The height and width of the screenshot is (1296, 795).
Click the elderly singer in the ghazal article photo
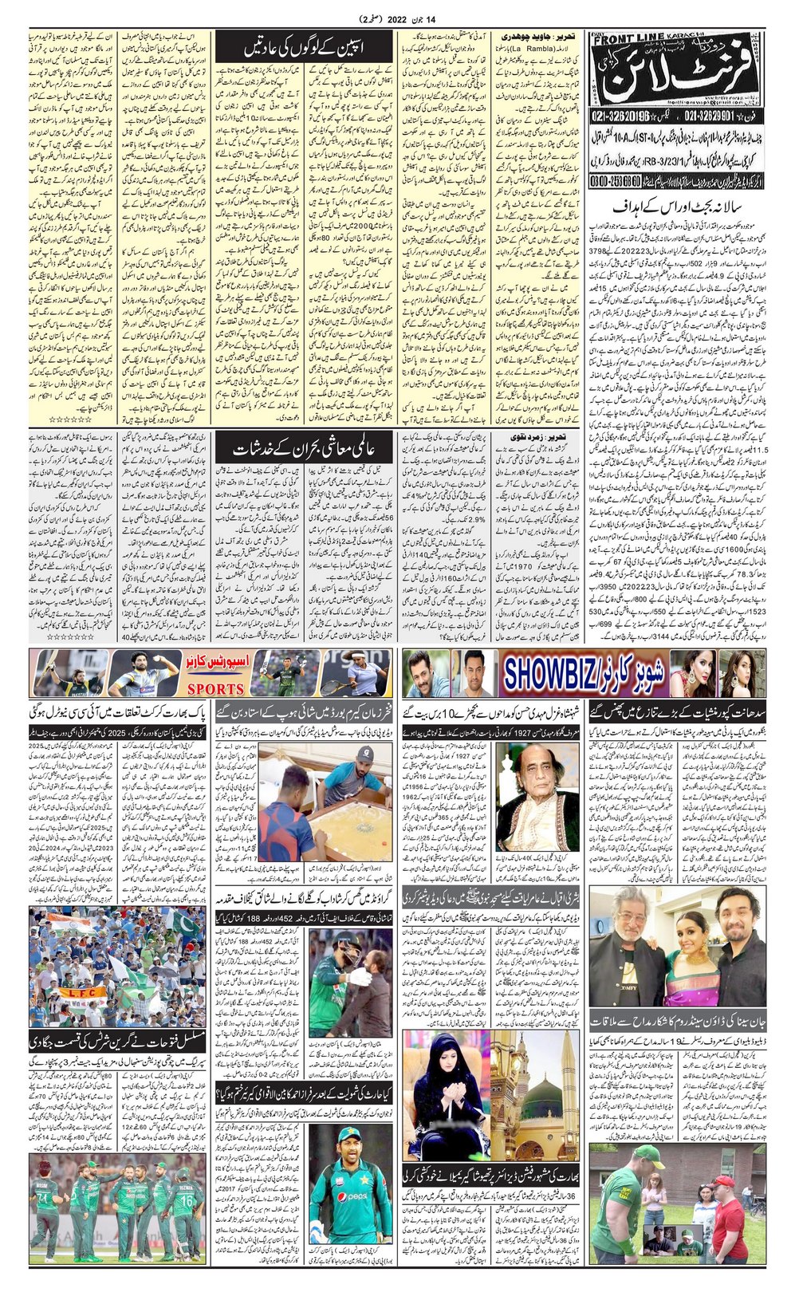525,790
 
